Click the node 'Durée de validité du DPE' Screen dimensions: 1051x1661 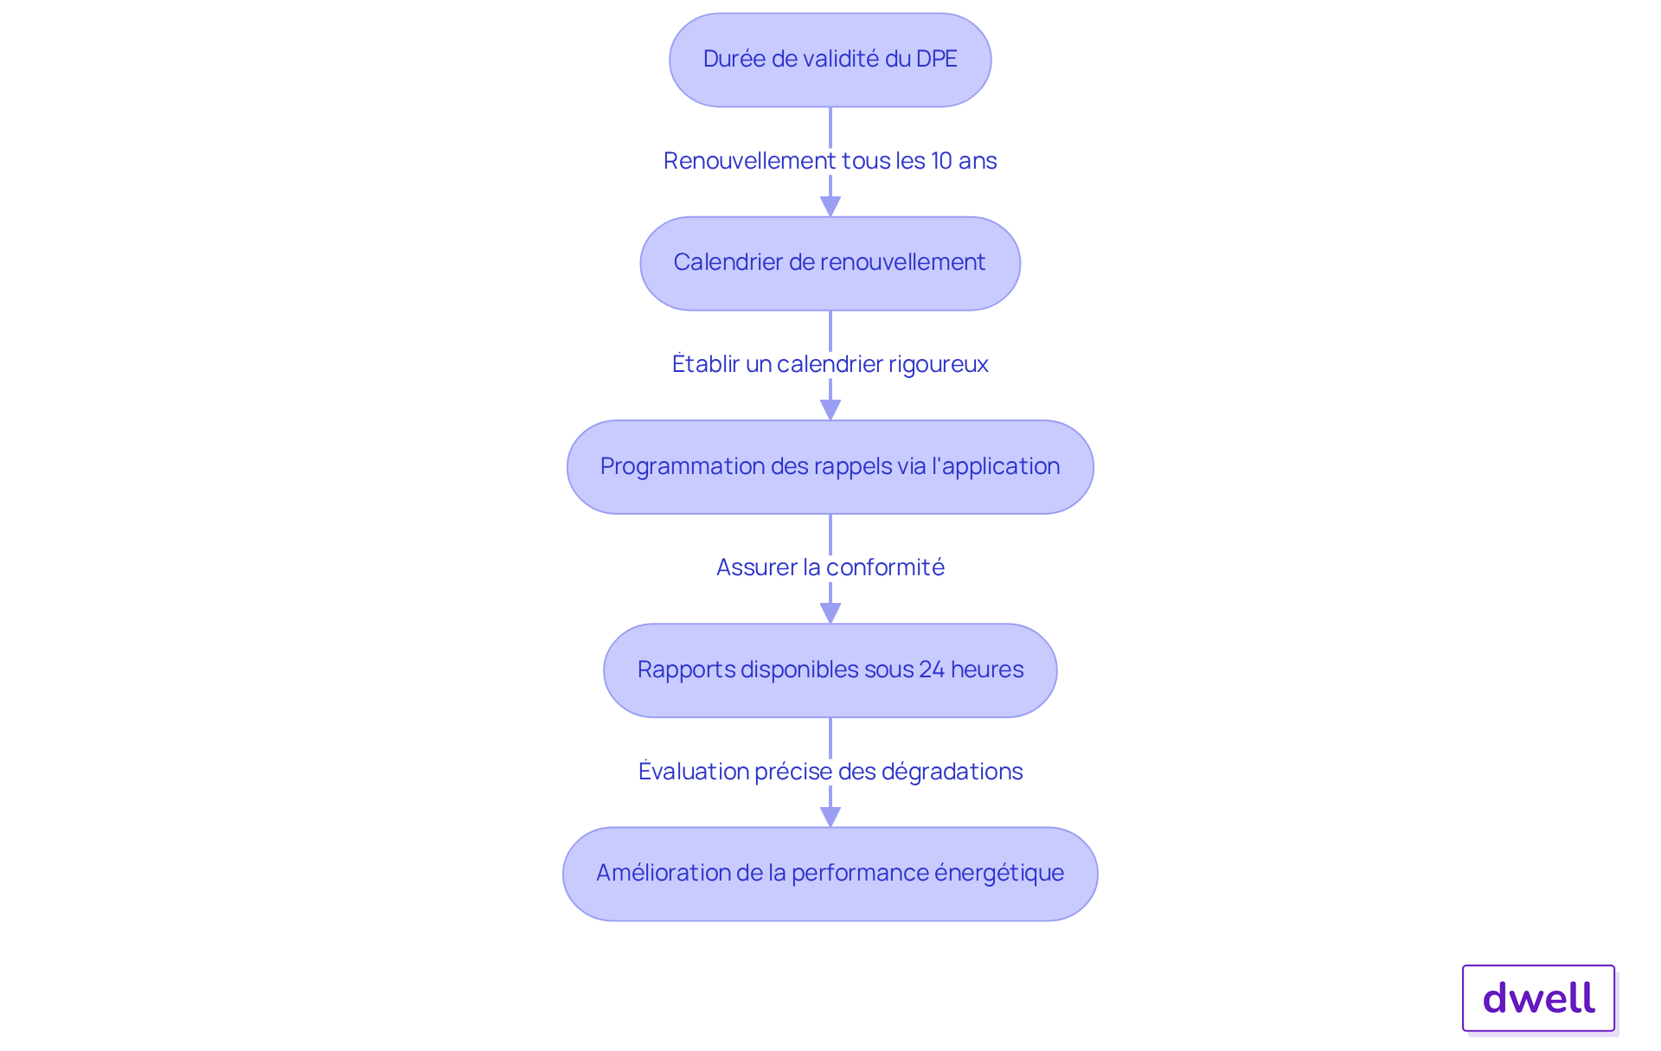pos(830,60)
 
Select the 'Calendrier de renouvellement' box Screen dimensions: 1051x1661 pos(830,263)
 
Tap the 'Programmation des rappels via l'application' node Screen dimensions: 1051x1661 pos(830,467)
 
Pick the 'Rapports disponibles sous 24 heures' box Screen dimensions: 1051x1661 pos(830,670)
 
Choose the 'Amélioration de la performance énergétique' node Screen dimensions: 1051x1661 pos(830,874)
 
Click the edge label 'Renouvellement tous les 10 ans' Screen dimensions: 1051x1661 pos(830,161)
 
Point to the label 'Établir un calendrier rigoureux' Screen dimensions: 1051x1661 pos(830,364)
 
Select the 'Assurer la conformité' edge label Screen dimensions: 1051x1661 pos(830,567)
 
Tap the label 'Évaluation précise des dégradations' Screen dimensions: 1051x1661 pos(830,771)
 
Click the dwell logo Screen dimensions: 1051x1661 pos(1538,998)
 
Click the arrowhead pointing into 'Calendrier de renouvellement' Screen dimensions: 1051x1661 pos(830,207)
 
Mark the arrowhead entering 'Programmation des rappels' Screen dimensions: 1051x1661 pos(830,410)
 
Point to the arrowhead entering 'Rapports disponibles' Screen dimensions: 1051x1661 pos(830,613)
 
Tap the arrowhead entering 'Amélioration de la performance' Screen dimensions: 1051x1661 pos(830,817)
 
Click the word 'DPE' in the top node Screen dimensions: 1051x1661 pos(937,59)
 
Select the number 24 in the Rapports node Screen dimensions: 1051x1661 pos(931,670)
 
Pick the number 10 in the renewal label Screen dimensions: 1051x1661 pos(941,161)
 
